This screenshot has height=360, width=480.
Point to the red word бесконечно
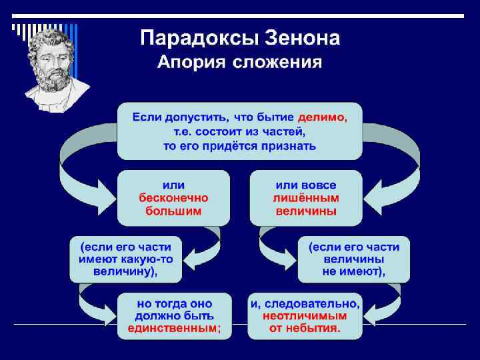click(x=173, y=199)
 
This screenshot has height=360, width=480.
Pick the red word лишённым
click(x=306, y=199)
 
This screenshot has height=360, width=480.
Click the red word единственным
click(x=172, y=329)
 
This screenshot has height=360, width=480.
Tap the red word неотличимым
click(x=305, y=316)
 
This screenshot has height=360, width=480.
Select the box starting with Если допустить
click(x=239, y=131)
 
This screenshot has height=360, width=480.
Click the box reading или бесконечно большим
click(x=173, y=198)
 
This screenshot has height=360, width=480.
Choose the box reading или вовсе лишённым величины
click(x=306, y=198)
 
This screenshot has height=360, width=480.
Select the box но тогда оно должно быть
click(x=174, y=316)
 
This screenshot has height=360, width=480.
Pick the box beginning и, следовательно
click(x=305, y=316)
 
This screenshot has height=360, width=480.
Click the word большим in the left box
click(x=173, y=211)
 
